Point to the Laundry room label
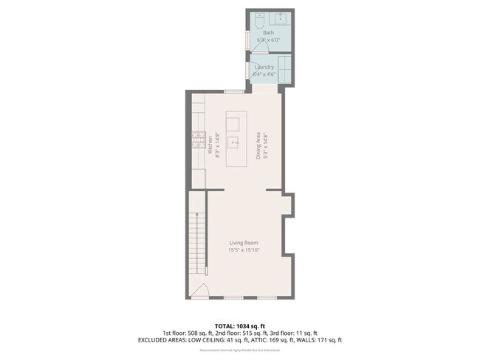coord(264,67)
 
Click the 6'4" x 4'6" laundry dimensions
coord(264,74)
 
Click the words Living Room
coord(243,243)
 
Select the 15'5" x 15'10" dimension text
coord(243,250)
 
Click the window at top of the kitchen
coord(235,91)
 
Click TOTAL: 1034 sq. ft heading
coord(240,325)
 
